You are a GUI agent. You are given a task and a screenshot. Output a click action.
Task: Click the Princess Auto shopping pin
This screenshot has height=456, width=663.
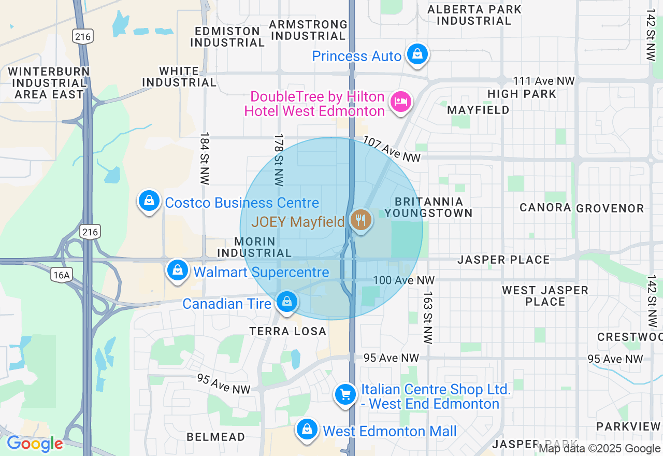(x=417, y=54)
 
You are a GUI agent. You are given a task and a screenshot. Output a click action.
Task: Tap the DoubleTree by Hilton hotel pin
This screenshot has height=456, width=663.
(x=401, y=101)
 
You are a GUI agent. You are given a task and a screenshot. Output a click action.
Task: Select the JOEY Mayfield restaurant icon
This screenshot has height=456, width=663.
(x=361, y=220)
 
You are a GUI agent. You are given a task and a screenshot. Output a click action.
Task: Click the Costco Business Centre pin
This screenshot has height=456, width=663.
(x=149, y=200)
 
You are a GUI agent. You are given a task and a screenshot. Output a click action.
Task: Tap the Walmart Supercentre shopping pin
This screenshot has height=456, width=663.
(x=178, y=270)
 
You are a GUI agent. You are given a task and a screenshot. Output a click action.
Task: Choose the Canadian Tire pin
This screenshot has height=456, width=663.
(x=286, y=301)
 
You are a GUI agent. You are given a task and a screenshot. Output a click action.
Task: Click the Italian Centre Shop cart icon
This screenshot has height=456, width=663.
(x=345, y=395)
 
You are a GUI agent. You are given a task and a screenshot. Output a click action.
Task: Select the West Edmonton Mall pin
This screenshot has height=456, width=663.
(x=307, y=429)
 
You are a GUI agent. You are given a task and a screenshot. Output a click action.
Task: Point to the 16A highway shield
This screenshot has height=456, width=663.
(x=61, y=275)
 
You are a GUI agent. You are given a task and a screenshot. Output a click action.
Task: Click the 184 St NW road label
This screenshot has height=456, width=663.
(x=205, y=159)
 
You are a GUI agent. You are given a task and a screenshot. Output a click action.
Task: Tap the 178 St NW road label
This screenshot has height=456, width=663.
(x=279, y=160)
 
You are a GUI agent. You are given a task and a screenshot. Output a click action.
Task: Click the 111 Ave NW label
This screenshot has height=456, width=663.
(x=544, y=81)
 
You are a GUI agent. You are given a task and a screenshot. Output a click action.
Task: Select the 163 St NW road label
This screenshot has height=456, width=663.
(x=427, y=318)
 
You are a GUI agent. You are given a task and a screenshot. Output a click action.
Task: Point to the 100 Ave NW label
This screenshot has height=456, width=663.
(x=403, y=280)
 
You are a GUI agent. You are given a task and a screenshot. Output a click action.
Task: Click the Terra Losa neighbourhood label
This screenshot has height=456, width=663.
(x=288, y=331)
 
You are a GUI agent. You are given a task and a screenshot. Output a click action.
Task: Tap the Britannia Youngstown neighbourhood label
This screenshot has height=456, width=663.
(x=428, y=207)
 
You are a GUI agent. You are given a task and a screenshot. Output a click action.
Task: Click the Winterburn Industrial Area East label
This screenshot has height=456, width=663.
(x=49, y=83)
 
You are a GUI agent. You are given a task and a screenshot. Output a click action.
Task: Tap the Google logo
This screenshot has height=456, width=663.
(x=35, y=444)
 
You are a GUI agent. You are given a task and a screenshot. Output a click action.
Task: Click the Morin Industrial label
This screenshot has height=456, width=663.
(x=255, y=247)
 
